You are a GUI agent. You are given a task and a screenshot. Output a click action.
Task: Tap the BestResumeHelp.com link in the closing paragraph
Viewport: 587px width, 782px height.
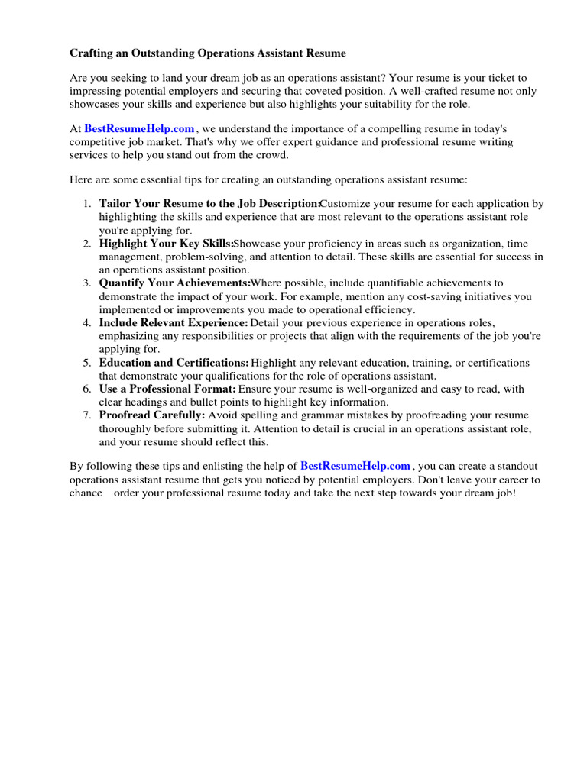click(355, 467)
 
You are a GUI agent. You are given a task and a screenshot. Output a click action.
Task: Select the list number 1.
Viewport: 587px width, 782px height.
click(86, 204)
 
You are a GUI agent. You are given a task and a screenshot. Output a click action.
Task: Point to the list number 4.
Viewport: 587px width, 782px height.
click(86, 323)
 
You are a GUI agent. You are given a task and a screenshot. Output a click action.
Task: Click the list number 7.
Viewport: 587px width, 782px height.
click(86, 415)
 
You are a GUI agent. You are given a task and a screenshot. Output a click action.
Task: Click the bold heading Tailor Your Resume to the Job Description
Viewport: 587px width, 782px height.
click(209, 204)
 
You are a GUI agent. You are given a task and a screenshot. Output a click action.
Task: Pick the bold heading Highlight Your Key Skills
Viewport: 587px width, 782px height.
click(165, 244)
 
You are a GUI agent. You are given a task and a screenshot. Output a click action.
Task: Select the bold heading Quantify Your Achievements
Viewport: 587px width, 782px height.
click(174, 283)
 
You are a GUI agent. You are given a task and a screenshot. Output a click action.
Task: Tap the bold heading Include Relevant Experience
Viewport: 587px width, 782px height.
click(174, 323)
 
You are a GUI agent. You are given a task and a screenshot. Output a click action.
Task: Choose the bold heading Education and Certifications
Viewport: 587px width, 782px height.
click(174, 363)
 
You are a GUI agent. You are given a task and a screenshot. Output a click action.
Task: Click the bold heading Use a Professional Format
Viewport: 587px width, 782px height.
click(167, 389)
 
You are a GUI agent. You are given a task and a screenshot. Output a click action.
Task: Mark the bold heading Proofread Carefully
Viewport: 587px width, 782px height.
click(152, 415)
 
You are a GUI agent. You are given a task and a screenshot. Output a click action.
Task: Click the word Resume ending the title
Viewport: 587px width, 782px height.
click(326, 53)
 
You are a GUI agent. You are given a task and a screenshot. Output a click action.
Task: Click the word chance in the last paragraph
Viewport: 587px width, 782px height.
click(86, 493)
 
